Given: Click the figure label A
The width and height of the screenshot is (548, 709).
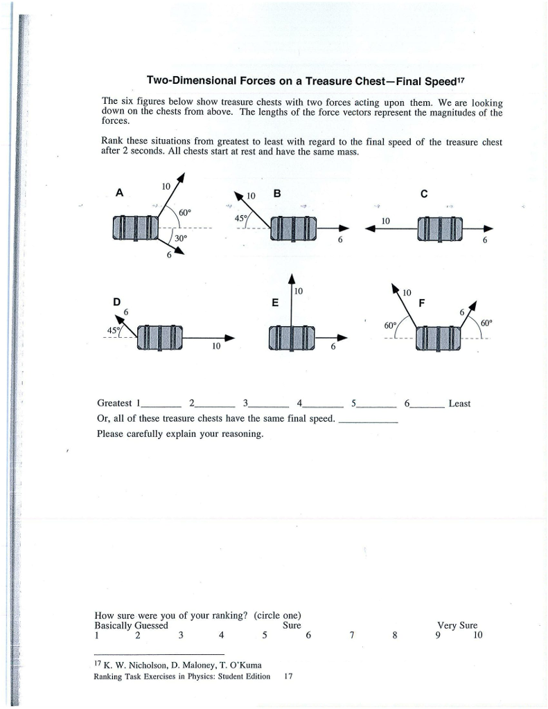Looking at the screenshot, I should (x=120, y=194).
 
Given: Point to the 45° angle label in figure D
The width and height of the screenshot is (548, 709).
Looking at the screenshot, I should (x=111, y=330).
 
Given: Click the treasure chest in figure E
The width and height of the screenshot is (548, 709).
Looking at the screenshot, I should (x=292, y=337).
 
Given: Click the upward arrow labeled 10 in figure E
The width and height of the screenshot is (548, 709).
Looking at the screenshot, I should (x=292, y=298).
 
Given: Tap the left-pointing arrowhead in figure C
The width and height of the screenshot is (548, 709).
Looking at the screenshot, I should (x=367, y=230).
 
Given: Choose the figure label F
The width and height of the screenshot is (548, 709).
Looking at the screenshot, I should (x=421, y=303).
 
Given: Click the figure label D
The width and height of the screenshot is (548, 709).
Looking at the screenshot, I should (x=117, y=302).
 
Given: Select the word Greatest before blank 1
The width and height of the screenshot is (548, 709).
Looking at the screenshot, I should (x=115, y=403).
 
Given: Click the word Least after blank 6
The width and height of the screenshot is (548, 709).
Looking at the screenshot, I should (x=459, y=403).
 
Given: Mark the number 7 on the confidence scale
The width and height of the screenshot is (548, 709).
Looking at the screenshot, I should (x=352, y=635).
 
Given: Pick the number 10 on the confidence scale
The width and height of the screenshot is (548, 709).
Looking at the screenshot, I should (x=477, y=635).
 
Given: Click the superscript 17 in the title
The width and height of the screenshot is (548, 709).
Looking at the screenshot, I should (x=459, y=79).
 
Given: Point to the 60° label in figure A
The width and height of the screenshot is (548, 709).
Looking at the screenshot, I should (x=185, y=212).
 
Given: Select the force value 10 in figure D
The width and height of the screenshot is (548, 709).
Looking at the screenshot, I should (x=215, y=345).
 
